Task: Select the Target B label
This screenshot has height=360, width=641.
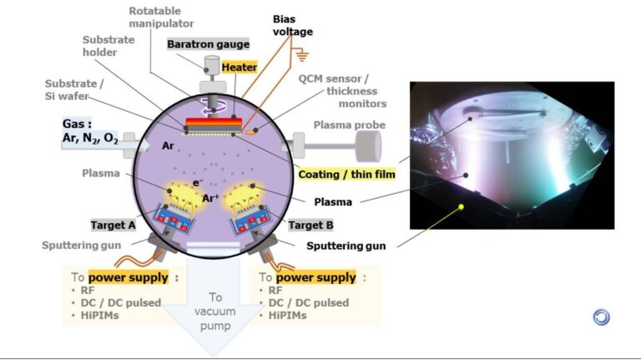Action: click(x=311, y=226)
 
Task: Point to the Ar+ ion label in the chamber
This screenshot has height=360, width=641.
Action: click(x=211, y=199)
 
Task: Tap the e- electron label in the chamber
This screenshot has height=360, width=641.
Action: click(x=198, y=181)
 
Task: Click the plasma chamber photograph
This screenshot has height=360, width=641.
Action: click(x=512, y=155)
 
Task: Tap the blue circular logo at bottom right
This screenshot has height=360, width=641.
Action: click(x=601, y=317)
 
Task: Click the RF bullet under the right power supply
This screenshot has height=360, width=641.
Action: click(x=274, y=291)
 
